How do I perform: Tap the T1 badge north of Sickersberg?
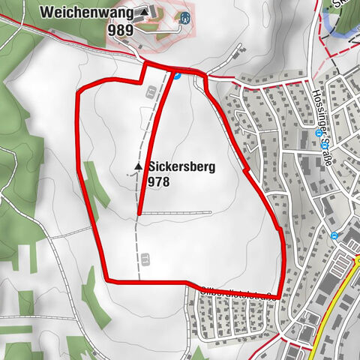pyautogui.click(x=151, y=91)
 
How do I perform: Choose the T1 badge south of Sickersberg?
pyautogui.click(x=145, y=259)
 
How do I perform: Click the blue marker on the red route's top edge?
pyautogui.click(x=177, y=74)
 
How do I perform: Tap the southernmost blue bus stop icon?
pyautogui.click(x=334, y=235)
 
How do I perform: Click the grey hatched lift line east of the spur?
pyautogui.click(x=172, y=213)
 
